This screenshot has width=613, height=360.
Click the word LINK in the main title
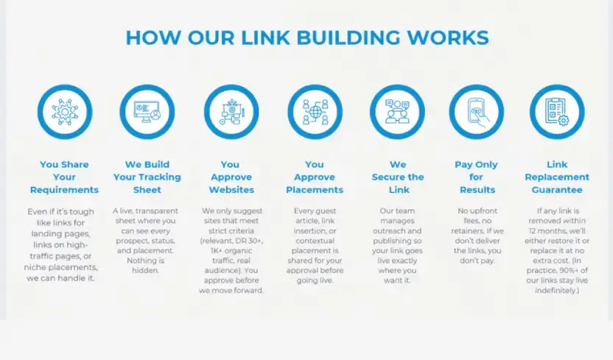(265, 38)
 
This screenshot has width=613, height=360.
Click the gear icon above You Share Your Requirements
(65, 112)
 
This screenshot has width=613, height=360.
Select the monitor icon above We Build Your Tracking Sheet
(147, 112)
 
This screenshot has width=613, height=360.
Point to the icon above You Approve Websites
(231, 112)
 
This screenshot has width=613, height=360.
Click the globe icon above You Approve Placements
(315, 112)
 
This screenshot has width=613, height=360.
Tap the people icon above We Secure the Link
(397, 112)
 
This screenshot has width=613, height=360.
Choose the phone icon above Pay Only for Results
(477, 112)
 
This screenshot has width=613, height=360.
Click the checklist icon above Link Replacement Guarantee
(557, 112)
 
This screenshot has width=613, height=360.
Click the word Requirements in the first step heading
(65, 190)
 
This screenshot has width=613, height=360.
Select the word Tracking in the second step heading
(159, 177)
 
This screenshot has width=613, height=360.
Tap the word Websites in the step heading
(231, 190)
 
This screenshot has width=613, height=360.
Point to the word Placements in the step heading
(315, 190)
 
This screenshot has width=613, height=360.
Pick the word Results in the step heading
(477, 190)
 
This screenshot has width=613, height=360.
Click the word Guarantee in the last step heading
(557, 190)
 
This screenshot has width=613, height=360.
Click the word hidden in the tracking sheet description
(145, 270)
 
